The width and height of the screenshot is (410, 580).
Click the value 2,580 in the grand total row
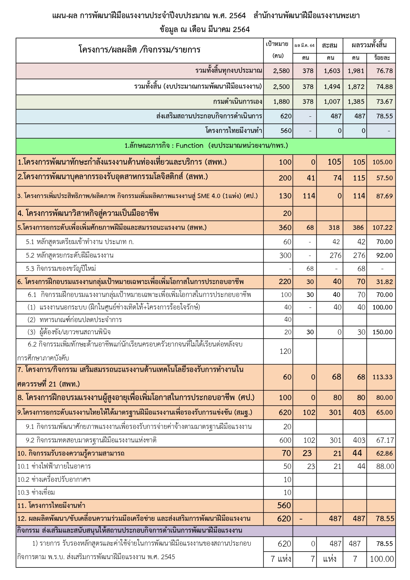[x=281, y=71]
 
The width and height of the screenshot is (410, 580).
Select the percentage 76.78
[x=384, y=71]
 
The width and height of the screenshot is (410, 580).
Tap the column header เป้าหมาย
[x=277, y=44]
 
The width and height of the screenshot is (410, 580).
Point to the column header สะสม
[x=329, y=45]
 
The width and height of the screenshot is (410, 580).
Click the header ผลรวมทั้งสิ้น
[x=369, y=45]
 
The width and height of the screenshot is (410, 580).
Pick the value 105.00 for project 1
[x=382, y=162]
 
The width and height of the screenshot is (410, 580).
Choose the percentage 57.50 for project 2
[x=384, y=178]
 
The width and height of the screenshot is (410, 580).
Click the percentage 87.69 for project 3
[x=384, y=196]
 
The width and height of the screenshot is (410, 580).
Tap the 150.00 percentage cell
[x=382, y=332]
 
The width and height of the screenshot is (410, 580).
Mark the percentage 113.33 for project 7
[x=382, y=377]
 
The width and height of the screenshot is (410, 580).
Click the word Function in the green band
[x=189, y=145]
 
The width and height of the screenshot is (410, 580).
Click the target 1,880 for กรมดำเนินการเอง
[x=281, y=102]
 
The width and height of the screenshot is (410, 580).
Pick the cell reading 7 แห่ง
[x=281, y=559]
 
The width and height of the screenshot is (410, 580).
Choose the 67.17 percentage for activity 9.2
[x=384, y=440]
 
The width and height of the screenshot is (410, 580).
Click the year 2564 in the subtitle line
[x=241, y=29]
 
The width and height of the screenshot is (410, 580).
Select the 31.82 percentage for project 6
[x=384, y=282]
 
